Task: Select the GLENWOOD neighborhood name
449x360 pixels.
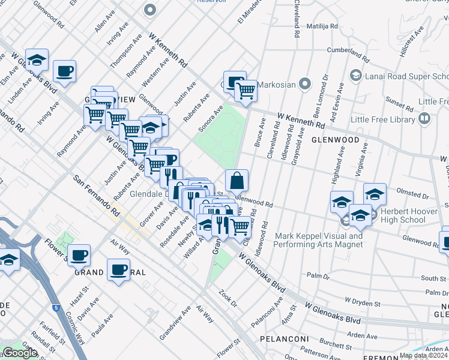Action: tap(336, 140)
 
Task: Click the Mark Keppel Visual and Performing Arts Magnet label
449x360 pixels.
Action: tap(319, 240)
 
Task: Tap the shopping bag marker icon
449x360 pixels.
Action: tap(237, 181)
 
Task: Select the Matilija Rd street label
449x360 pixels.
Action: tap(322, 27)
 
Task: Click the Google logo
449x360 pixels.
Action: tap(20, 353)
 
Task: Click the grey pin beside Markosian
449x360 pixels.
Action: tap(306, 84)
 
